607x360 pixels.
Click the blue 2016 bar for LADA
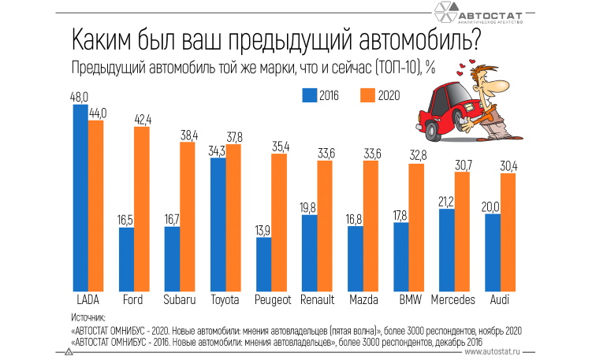(80, 197)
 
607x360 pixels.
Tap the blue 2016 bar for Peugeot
(263, 263)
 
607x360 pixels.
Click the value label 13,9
(263, 229)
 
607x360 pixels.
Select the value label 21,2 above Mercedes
(446, 201)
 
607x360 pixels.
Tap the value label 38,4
(188, 134)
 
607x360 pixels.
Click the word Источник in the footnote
(88, 317)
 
